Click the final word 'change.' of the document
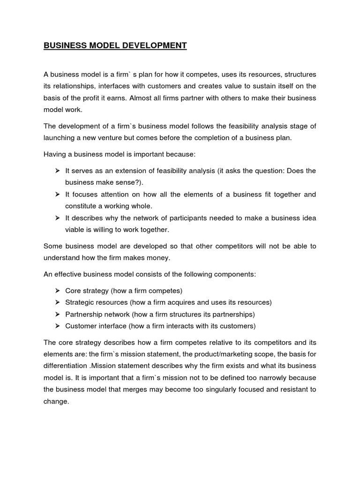tap(56, 402)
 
